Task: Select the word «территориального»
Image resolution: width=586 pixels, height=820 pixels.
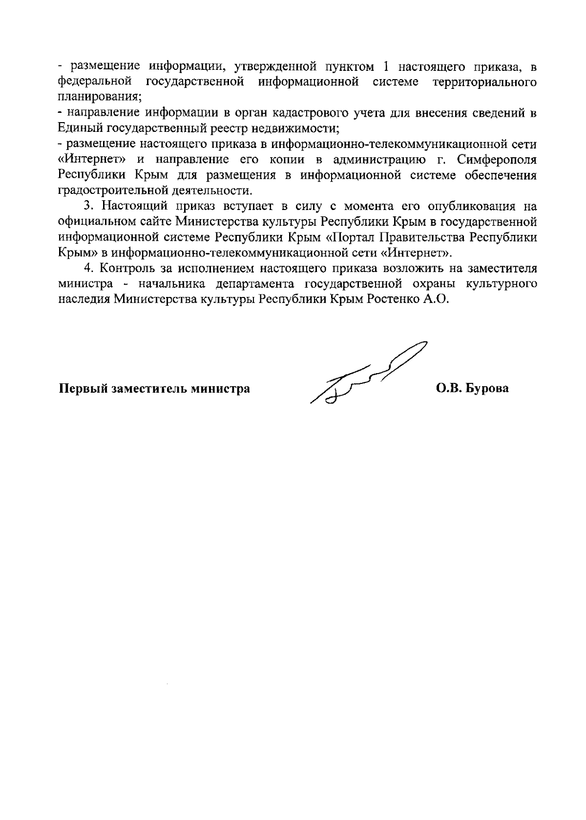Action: click(x=484, y=82)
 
